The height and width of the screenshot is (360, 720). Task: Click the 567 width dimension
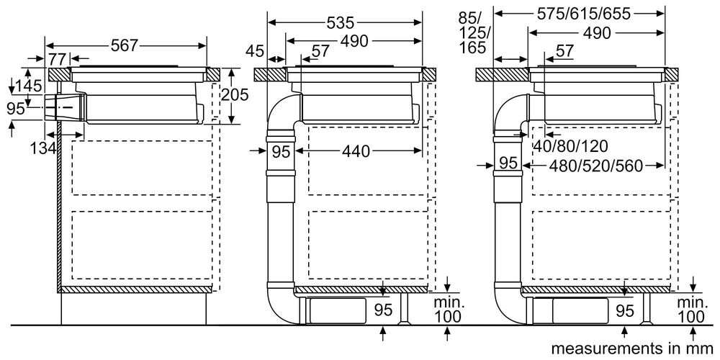(x=125, y=45)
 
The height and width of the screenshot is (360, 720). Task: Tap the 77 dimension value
(x=58, y=58)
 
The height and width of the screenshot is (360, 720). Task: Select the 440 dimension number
(x=355, y=152)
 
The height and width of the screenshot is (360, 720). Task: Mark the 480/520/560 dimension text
(x=594, y=164)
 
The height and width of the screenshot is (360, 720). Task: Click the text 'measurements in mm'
(x=623, y=349)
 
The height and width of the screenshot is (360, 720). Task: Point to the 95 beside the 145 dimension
(x=15, y=108)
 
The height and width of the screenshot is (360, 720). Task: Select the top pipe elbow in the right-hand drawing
(x=510, y=112)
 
